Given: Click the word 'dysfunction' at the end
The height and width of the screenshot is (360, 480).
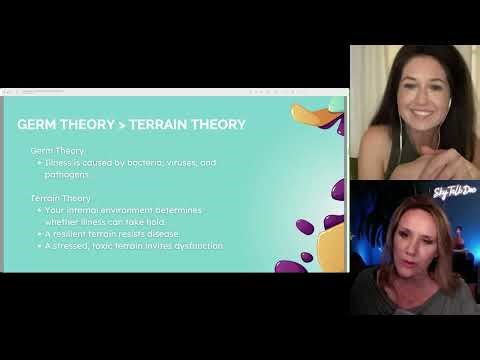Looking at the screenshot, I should point(197,245).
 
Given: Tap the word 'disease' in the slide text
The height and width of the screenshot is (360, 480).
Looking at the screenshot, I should point(161,233).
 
